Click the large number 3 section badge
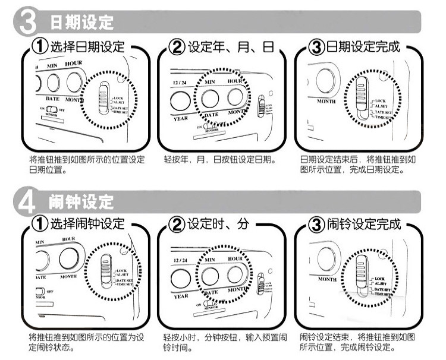point(27,23)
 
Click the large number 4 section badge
point(27,201)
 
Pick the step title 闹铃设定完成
point(363,224)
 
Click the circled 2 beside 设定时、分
point(177,225)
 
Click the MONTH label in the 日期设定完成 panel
point(326,101)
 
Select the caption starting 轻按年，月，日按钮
point(219,160)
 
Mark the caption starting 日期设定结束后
point(357,164)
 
